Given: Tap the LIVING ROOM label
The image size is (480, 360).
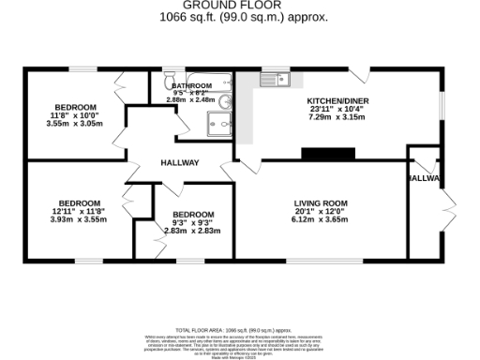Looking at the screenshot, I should coord(321,203).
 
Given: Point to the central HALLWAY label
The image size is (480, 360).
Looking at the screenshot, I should coord(178,163).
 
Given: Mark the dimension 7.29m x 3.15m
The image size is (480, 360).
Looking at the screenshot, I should coord(338,118).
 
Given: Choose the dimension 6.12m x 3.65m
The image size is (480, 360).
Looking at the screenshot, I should coord(321,220).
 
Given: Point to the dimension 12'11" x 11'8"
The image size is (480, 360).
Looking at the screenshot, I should coord(79,212).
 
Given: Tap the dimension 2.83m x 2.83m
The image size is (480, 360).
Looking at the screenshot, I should coord(192,231).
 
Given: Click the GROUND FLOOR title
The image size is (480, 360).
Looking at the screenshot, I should coord(242,6).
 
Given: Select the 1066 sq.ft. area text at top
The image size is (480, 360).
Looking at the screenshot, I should coord(242,17).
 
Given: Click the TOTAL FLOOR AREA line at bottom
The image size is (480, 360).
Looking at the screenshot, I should coord(241,331).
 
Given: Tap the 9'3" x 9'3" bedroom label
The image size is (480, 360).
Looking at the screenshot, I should coord(192,222).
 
